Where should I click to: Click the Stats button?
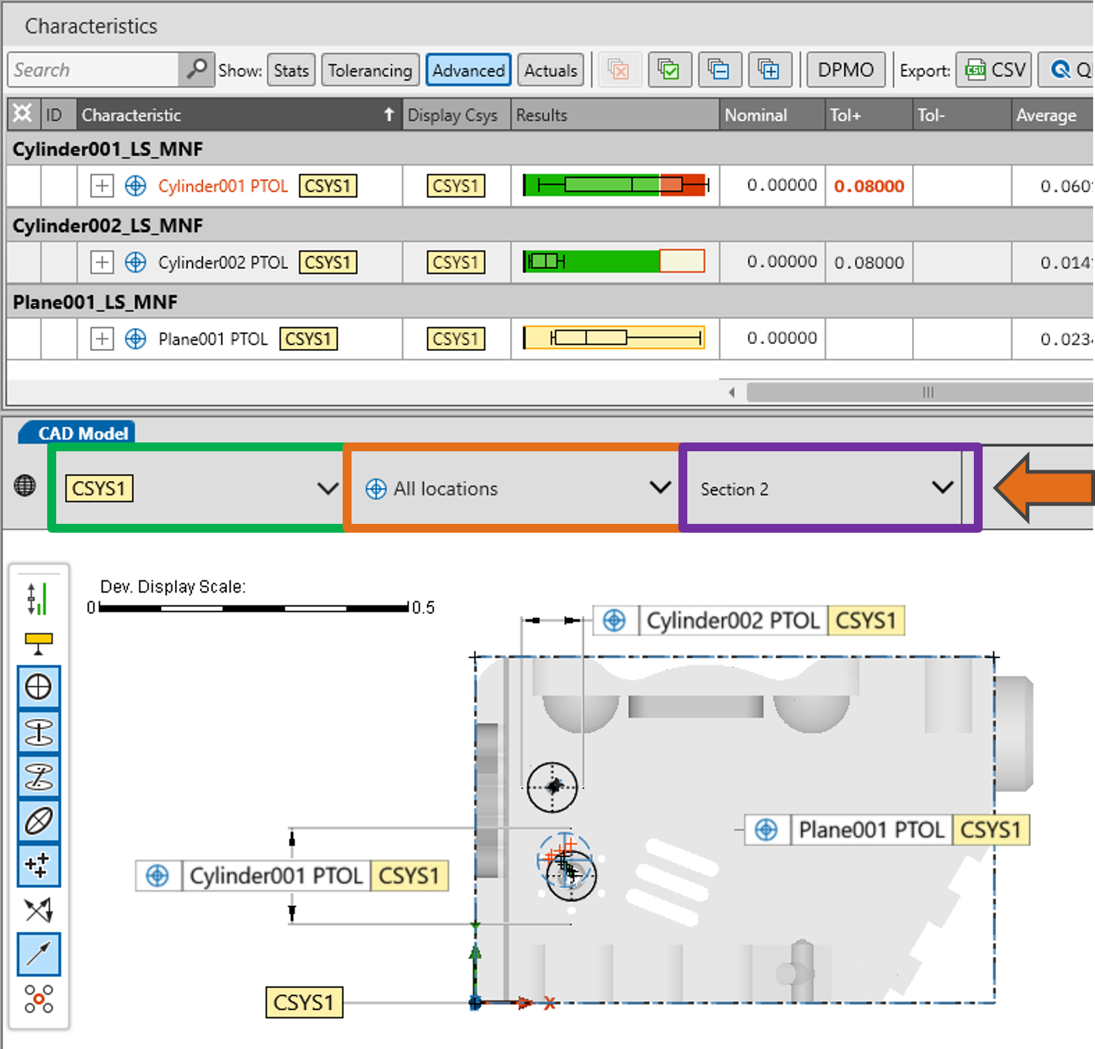coord(291,70)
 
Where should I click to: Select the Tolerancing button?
coord(370,70)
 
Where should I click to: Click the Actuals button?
coord(550,70)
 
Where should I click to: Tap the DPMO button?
coord(845,69)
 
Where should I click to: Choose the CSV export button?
coord(994,69)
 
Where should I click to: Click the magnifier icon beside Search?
coord(196,69)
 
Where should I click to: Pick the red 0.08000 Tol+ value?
coord(869,186)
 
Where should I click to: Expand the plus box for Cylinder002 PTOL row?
coord(102,262)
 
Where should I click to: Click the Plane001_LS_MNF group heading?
coord(95,302)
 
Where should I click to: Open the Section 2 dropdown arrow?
coord(942,487)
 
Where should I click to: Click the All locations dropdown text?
coord(446,489)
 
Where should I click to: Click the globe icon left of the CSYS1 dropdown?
coord(25,485)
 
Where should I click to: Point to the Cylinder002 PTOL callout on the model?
coord(749,620)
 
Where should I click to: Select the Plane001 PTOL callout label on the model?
coord(887,830)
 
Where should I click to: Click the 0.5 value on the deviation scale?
coord(423,608)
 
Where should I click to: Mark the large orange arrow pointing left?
coord(1044,487)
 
